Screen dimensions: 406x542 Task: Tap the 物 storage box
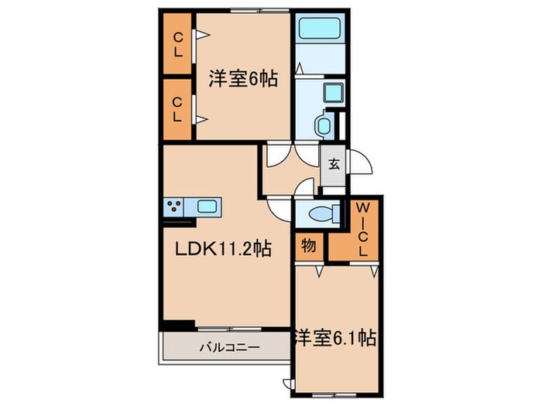tap(308, 246)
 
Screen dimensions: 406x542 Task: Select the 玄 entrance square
tap(333, 164)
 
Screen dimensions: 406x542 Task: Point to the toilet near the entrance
tap(319, 213)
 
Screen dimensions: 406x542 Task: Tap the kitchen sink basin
tap(207, 206)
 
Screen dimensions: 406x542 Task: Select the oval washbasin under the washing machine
tap(324, 125)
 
